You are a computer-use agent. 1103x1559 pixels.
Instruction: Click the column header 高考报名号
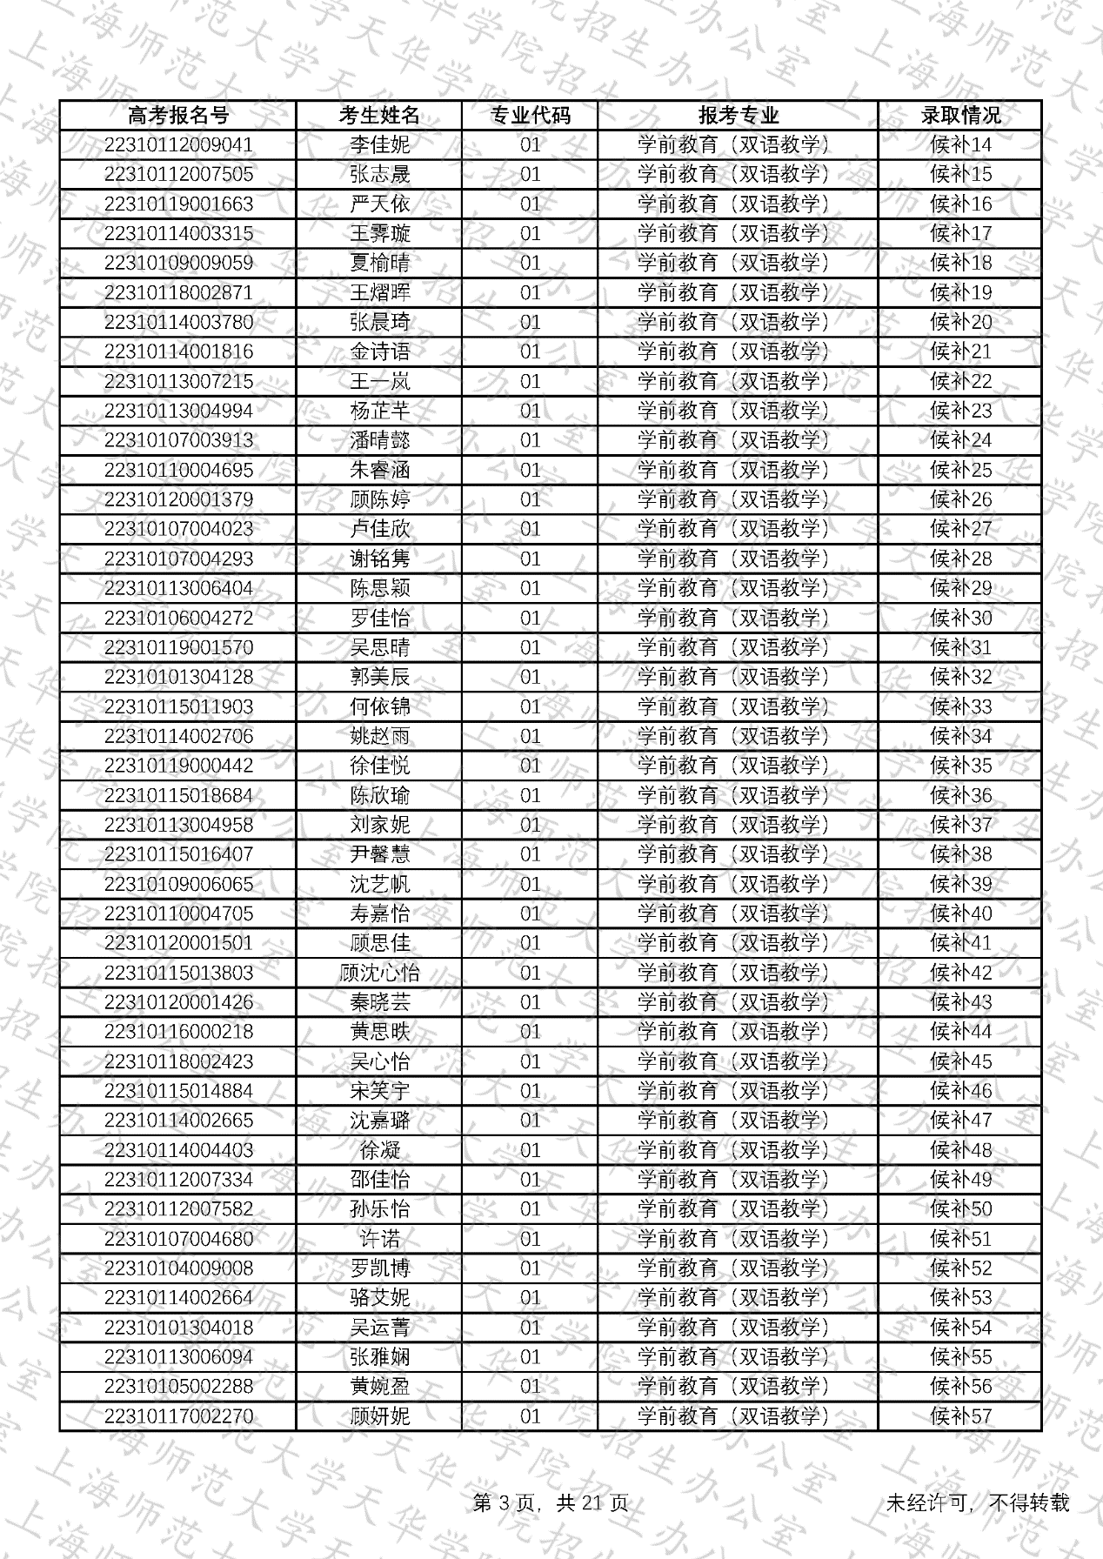point(178,115)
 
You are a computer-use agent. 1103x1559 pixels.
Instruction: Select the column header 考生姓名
point(379,115)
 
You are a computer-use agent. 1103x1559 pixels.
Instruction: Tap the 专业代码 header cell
point(530,115)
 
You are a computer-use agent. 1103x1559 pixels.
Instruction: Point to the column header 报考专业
point(738,115)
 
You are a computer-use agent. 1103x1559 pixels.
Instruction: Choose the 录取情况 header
point(960,115)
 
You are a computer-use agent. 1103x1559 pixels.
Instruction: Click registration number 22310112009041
point(178,144)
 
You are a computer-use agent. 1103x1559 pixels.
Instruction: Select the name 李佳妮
point(379,144)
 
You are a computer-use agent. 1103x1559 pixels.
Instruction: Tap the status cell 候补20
point(960,322)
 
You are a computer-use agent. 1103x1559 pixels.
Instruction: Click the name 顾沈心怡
point(379,973)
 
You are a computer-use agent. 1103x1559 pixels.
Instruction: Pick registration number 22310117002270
point(178,1416)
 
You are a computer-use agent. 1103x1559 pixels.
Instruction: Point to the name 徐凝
point(379,1150)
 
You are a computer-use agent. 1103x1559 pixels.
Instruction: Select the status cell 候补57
point(960,1416)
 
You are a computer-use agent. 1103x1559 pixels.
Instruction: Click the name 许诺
point(379,1239)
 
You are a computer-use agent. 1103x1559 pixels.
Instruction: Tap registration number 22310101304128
point(178,677)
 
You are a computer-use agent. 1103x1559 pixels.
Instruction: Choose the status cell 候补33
point(960,706)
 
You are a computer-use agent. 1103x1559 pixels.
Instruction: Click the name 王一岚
point(379,381)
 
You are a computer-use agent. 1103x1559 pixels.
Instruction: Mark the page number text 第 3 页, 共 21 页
point(551,1503)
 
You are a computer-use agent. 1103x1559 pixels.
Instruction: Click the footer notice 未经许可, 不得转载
point(977,1503)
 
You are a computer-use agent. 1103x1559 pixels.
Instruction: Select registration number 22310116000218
point(178,1032)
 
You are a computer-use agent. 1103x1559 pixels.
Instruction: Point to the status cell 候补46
point(960,1091)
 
